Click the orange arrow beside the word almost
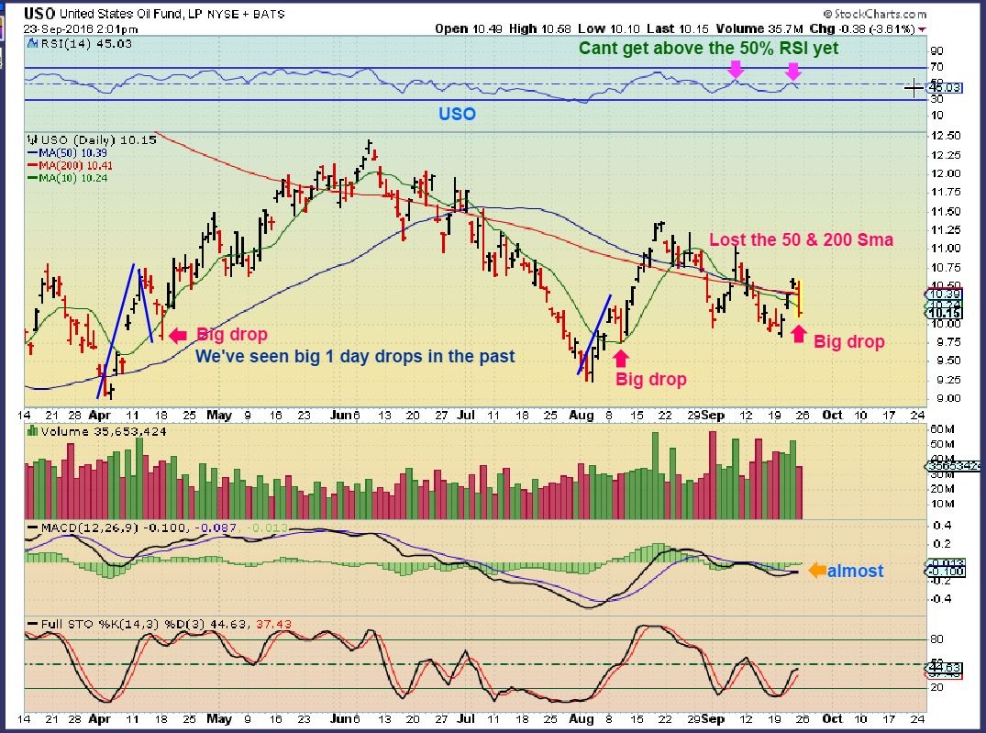click(x=815, y=571)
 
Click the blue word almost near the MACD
click(x=856, y=571)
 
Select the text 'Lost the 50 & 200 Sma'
click(x=801, y=240)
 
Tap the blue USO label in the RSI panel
click(x=456, y=115)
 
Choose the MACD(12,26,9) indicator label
click(x=98, y=528)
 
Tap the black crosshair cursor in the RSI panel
click(x=914, y=88)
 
